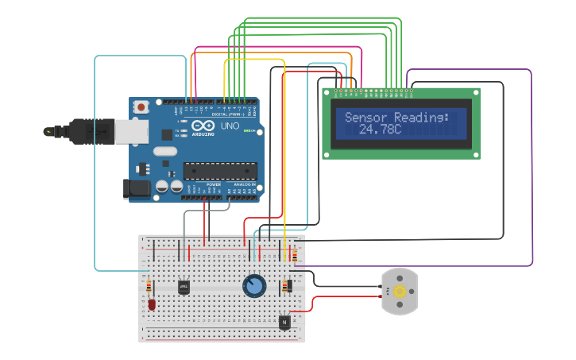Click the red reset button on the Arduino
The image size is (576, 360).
[141, 106]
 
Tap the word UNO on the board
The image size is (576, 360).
[230, 126]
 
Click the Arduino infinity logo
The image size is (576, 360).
[203, 126]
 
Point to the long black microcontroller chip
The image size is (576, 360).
[220, 170]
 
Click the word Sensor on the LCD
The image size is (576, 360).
[367, 118]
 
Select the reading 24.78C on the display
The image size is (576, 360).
[381, 129]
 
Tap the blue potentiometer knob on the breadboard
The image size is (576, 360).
[254, 285]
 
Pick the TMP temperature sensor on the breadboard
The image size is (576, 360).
[184, 286]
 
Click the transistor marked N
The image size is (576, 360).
[284, 322]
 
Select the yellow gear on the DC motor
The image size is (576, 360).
[399, 291]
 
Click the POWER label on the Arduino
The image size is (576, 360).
[213, 184]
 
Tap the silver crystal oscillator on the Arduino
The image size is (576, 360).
[164, 151]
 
